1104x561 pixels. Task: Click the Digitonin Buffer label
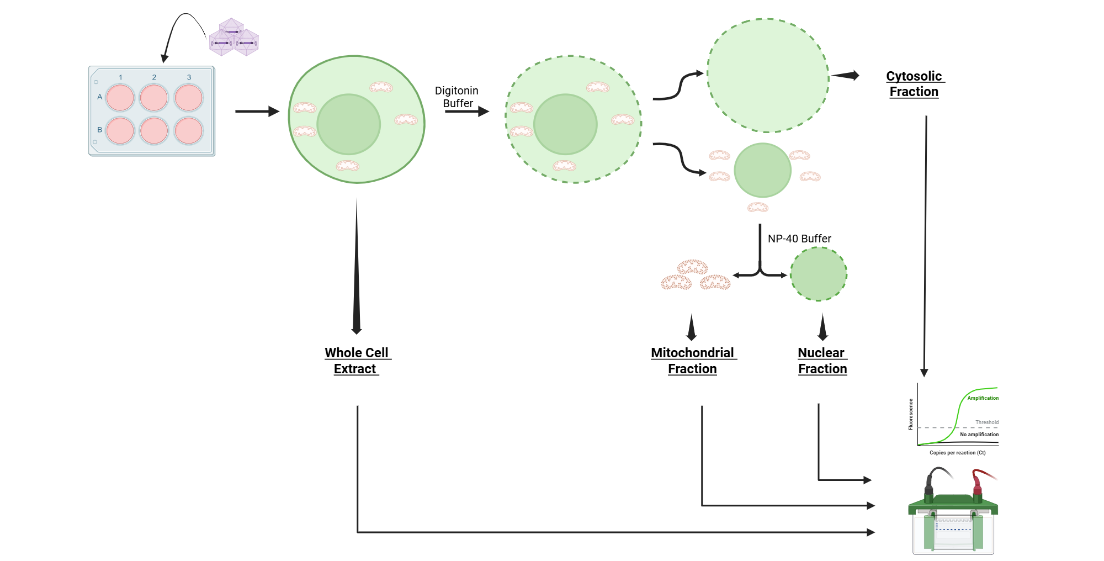coord(457,97)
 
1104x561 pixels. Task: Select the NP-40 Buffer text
coord(799,239)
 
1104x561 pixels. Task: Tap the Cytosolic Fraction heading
coord(914,84)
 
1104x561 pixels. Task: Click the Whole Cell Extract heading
coord(357,361)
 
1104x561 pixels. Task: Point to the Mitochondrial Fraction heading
coord(692,361)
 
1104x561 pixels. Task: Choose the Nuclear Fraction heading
coord(822,361)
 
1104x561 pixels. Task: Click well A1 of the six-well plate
coord(120,98)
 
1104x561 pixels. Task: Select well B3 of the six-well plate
coord(188,131)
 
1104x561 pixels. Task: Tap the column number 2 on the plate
coord(154,77)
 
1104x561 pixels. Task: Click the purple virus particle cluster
coord(233,38)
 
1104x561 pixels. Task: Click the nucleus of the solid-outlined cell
coord(348,124)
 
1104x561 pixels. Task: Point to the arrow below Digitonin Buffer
coord(467,112)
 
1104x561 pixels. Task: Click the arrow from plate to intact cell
coord(257,112)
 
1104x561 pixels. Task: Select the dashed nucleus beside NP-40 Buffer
coord(819,274)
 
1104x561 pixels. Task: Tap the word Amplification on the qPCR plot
coord(983,398)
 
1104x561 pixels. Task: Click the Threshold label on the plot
coord(986,422)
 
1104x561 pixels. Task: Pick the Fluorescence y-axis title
coord(911,414)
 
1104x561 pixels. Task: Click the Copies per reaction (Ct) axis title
coord(957,453)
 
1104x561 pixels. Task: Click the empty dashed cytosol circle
coord(768,76)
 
